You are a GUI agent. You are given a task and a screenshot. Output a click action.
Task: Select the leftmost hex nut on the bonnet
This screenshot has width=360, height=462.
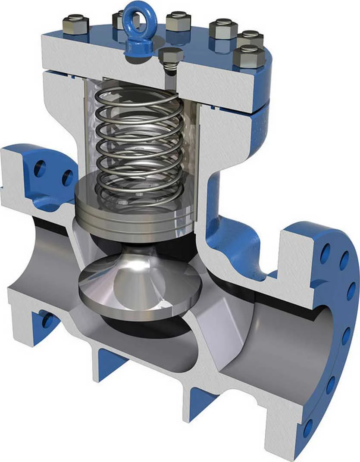(75, 25)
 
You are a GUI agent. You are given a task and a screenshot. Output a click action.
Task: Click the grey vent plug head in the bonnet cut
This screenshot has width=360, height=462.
(171, 56)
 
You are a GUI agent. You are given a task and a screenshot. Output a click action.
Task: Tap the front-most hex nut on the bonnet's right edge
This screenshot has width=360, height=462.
(249, 56)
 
